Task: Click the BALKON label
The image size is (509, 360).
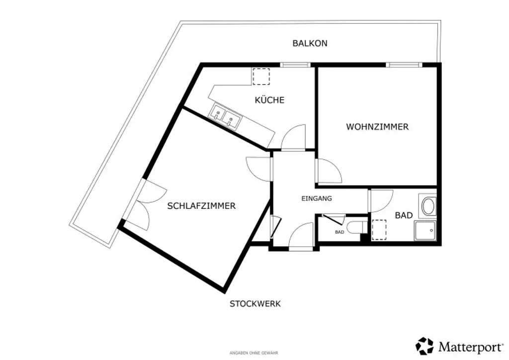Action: (310, 43)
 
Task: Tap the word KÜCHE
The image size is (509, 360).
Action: (269, 100)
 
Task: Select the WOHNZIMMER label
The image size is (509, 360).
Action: (377, 127)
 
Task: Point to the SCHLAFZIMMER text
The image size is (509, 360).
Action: (201, 206)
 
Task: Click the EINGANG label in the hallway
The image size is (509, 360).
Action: (317, 198)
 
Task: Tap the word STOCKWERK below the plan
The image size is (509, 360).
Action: (255, 304)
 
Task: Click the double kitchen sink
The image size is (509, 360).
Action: (226, 116)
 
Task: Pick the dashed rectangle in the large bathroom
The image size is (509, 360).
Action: (380, 230)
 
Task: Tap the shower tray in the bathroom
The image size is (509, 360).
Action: (425, 231)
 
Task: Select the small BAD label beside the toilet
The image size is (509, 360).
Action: (339, 232)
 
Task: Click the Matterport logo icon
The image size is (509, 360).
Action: (424, 345)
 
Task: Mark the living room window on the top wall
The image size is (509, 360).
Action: (404, 65)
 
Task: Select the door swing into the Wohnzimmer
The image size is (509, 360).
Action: (328, 172)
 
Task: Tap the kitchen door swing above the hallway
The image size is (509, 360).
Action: (294, 138)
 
